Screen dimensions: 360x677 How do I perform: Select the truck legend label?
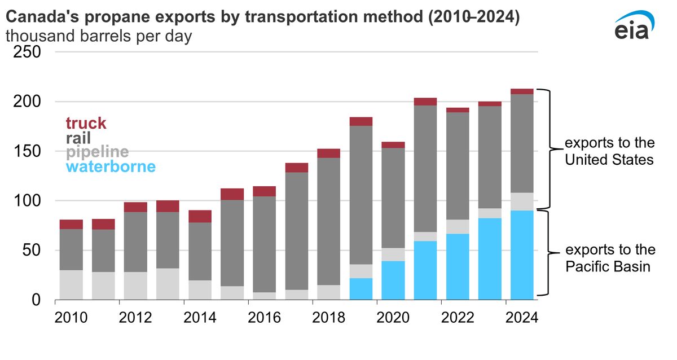[86, 123]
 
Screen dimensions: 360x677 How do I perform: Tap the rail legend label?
[78, 138]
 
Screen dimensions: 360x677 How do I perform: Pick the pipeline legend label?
[97, 152]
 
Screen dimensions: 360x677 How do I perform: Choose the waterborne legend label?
[111, 167]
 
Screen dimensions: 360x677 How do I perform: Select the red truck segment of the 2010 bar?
[71, 224]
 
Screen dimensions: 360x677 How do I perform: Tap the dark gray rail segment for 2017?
[297, 231]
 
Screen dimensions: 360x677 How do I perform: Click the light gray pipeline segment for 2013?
[168, 284]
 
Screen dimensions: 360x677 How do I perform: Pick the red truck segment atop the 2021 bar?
[425, 102]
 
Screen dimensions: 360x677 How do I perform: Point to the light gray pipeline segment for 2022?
[458, 227]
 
